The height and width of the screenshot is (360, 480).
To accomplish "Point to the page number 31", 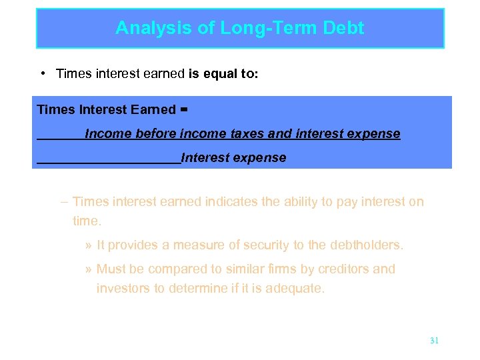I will pyautogui.click(x=434, y=341).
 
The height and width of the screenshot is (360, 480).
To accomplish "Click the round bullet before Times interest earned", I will pyautogui.click(x=43, y=73).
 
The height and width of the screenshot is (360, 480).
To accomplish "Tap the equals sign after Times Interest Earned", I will pyautogui.click(x=184, y=109).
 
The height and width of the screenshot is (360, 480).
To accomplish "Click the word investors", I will pyautogui.click(x=122, y=289).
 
